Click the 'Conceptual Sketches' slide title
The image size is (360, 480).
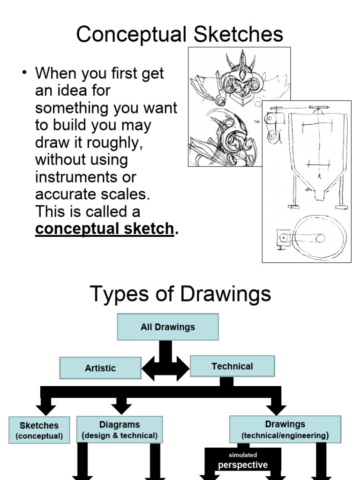[x=180, y=35]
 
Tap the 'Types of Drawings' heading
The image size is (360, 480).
[x=180, y=294]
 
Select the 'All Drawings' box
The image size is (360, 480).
[x=167, y=327]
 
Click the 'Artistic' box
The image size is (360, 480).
[x=100, y=368]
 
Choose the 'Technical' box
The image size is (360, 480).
[x=232, y=366]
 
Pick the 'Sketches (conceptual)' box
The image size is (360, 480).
[x=39, y=430]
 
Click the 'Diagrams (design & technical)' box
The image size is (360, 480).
[x=120, y=429]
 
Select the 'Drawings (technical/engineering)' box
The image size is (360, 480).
[x=285, y=429]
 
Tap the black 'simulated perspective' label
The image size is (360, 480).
[x=242, y=460]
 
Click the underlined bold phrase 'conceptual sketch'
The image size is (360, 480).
[x=105, y=229]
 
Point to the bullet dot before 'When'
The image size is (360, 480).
[x=26, y=74]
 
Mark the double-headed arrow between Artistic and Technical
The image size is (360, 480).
[x=165, y=368]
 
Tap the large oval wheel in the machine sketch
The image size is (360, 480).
[x=319, y=238]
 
